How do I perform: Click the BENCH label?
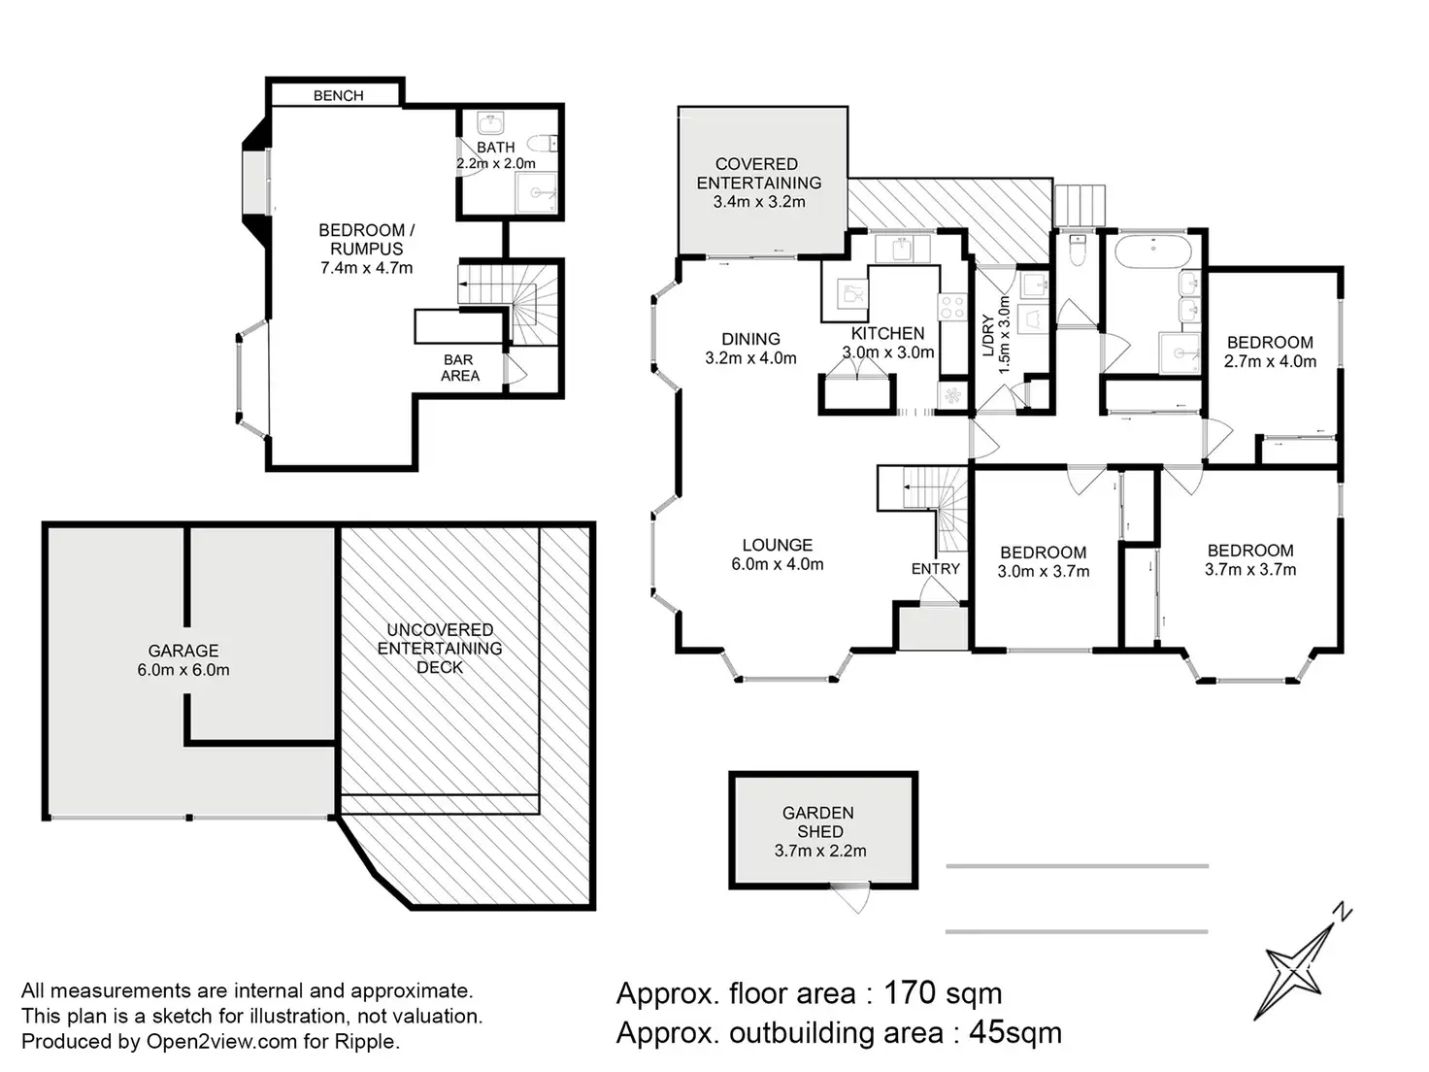(338, 96)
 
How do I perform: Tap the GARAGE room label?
(183, 651)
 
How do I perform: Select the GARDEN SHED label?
(818, 821)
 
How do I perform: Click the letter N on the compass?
(1342, 912)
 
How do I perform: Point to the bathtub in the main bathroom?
(1153, 251)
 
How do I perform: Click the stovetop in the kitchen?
(951, 307)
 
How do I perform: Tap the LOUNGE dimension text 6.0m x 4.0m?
(777, 563)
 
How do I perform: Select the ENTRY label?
(936, 569)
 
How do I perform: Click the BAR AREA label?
(459, 368)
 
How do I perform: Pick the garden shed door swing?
(850, 897)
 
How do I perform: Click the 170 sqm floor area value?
(942, 993)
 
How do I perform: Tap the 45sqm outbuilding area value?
(1014, 1033)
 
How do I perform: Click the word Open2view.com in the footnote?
(221, 1041)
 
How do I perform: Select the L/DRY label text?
(988, 336)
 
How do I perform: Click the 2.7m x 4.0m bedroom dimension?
(1270, 361)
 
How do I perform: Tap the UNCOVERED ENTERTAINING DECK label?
(440, 649)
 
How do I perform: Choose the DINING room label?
(750, 339)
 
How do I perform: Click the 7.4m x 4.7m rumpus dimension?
(367, 267)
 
